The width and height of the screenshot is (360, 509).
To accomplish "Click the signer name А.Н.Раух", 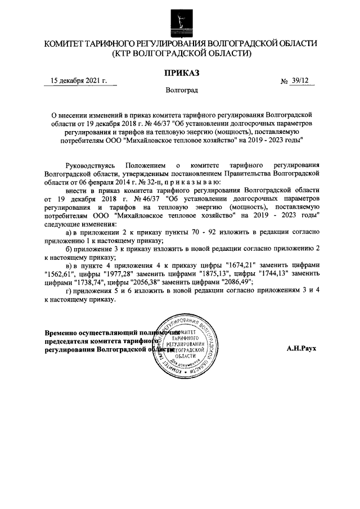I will (301, 348).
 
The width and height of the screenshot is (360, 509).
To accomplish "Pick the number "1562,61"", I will (59, 273).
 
